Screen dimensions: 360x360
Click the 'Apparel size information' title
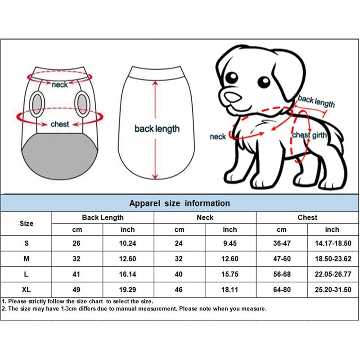tap(180, 203)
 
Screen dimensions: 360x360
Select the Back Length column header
tap(103, 218)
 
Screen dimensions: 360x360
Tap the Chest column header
tap(307, 218)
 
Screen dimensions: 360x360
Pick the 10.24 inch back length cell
tap(128, 243)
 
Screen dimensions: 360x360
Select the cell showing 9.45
tap(230, 243)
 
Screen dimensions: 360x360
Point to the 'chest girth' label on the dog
tap(310, 135)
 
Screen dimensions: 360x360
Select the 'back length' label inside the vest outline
tap(157, 129)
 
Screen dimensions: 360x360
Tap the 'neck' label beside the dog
tap(218, 136)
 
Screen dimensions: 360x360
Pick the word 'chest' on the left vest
tap(60, 124)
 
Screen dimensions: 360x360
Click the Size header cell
tap(27, 224)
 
